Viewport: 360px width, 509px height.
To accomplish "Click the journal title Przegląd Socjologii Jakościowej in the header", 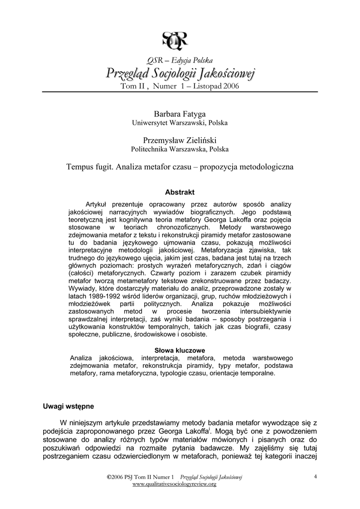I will point(180,74).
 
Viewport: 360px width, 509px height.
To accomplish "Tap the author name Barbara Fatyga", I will point(180,114).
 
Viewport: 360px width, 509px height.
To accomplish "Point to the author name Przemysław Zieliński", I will point(180,140).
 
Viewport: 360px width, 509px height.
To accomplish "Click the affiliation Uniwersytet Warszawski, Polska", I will point(180,123).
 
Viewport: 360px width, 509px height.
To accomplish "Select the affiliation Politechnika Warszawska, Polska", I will point(180,149).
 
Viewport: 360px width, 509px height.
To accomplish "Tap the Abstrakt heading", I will point(180,192).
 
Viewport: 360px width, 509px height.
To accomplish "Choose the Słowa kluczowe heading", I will point(180,349).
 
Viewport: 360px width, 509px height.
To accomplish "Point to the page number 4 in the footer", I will point(315,477).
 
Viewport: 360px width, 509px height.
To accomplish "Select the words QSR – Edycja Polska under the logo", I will point(180,60).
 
